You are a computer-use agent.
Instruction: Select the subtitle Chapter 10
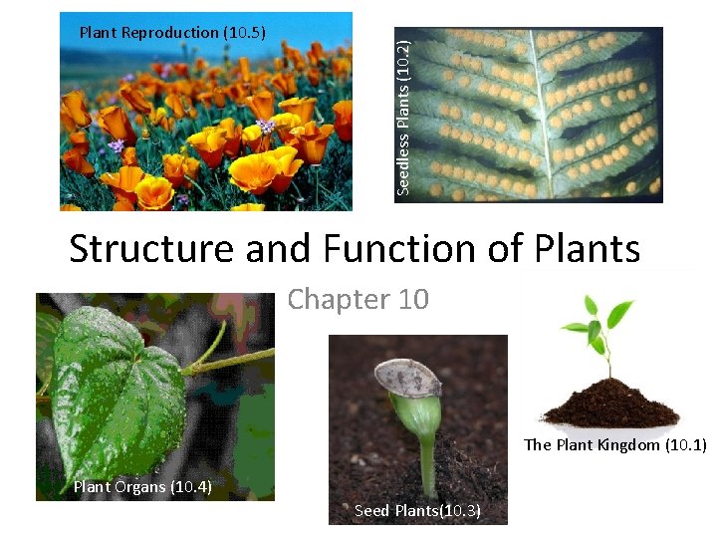tap(358, 299)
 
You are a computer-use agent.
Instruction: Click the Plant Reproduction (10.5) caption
tap(172, 32)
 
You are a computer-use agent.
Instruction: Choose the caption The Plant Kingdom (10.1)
tap(614, 445)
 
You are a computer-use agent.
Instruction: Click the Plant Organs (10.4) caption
tap(141, 486)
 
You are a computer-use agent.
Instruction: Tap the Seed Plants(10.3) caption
tap(417, 511)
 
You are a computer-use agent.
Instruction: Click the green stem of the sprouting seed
tap(425, 448)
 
